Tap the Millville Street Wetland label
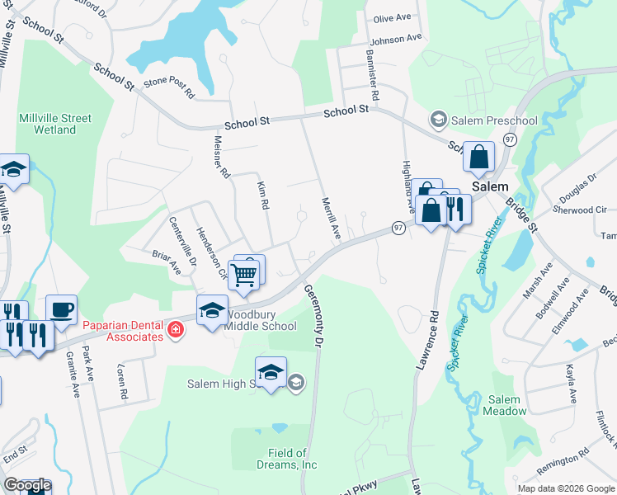48,124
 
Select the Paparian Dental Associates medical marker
175,331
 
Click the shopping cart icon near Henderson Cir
244,276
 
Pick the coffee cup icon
61,309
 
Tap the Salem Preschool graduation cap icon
439,120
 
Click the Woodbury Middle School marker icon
212,310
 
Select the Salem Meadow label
505,405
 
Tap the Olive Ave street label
392,19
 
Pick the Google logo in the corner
26,485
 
